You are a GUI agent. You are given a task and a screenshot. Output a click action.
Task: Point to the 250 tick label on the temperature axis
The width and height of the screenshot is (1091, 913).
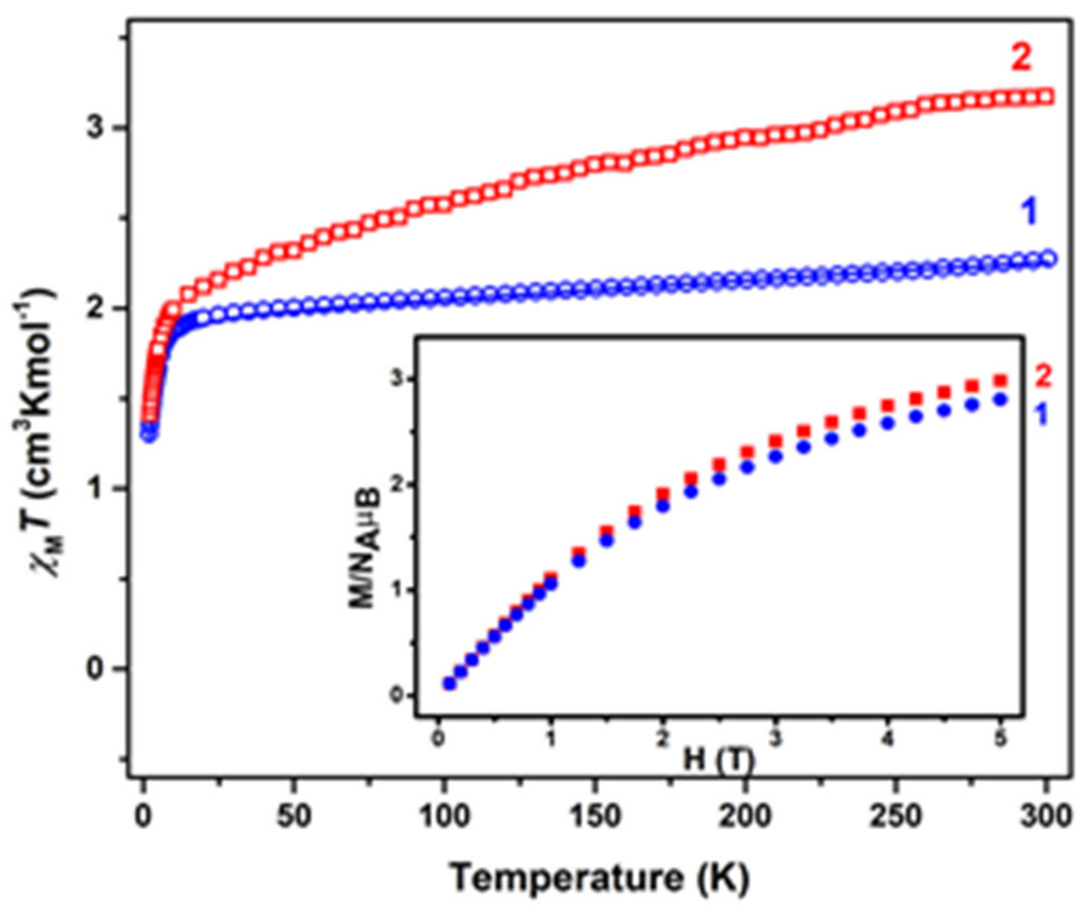pyautogui.click(x=895, y=815)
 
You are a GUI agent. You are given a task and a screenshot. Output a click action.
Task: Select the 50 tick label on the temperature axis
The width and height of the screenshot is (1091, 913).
pyautogui.click(x=293, y=815)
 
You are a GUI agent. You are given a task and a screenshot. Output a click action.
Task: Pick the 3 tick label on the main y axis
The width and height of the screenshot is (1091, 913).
pyautogui.click(x=95, y=128)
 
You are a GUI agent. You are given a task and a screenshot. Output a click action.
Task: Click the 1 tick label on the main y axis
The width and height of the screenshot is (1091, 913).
pyautogui.click(x=95, y=488)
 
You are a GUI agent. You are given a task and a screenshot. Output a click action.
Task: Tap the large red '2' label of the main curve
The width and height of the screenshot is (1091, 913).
pyautogui.click(x=1021, y=57)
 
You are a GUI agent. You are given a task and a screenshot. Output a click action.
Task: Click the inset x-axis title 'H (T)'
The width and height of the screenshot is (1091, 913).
pyautogui.click(x=719, y=761)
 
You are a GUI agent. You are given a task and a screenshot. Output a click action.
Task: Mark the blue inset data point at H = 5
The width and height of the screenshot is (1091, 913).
pyautogui.click(x=1001, y=399)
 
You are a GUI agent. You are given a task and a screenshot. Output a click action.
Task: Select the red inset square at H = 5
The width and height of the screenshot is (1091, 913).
pyautogui.click(x=1001, y=380)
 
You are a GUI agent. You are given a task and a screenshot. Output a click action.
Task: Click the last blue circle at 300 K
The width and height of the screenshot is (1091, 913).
pyautogui.click(x=1048, y=258)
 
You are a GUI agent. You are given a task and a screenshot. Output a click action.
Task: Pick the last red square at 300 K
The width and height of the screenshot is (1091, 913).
pyautogui.click(x=1046, y=97)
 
